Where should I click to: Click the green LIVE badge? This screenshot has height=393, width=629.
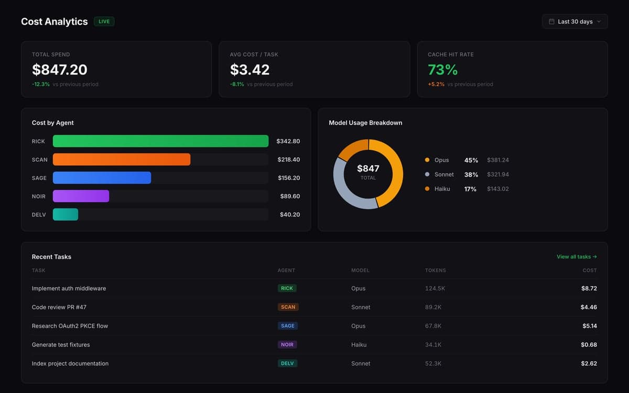(104, 21)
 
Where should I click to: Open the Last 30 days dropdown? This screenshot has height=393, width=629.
(574, 21)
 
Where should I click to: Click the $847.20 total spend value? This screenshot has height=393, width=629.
(59, 70)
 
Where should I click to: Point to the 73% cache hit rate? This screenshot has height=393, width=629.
(442, 70)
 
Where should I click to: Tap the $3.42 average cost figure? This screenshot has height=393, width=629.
(250, 70)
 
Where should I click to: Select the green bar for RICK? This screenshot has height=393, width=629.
(160, 141)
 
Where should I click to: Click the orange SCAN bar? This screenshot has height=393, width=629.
(121, 159)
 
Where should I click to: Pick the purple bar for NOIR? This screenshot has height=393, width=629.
(81, 196)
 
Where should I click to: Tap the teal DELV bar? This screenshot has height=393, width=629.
(66, 214)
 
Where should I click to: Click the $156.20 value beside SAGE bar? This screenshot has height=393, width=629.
(289, 178)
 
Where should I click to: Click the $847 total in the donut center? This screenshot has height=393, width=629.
(368, 169)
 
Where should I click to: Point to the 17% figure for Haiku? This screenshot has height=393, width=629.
(470, 189)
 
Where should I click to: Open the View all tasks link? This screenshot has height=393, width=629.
(577, 257)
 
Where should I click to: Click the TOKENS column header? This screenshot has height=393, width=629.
(435, 270)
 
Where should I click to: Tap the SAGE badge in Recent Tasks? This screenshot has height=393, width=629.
(287, 326)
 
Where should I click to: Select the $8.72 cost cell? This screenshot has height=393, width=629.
(589, 288)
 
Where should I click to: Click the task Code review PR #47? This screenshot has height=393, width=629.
(59, 307)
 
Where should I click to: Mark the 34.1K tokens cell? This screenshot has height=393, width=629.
(433, 345)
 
